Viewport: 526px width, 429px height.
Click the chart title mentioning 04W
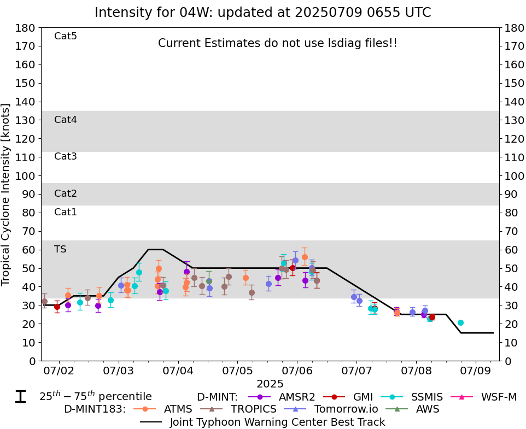pos(262,13)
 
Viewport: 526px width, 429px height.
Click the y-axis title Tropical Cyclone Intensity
pos(7,194)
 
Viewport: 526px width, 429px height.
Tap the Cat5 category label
pos(66,36)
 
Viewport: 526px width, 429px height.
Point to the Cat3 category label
pos(66,156)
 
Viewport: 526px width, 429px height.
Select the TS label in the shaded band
pos(60,249)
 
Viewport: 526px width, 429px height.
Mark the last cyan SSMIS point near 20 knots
pos(460,322)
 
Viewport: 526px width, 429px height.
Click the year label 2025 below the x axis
pos(270,384)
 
